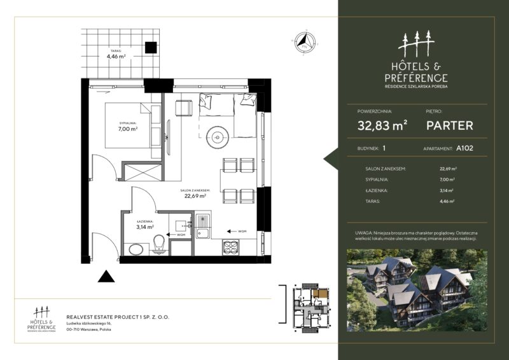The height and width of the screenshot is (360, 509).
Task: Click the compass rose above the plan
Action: tap(303, 43)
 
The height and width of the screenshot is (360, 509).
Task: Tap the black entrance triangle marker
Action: tap(106, 276)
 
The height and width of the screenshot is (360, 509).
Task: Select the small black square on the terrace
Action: tap(151, 48)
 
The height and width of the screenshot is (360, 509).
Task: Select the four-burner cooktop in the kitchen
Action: tap(229, 247)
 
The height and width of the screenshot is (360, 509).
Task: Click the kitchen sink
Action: tap(203, 228)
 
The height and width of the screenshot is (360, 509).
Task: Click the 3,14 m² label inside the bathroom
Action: tap(146, 225)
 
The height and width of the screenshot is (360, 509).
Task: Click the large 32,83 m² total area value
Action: tap(382, 125)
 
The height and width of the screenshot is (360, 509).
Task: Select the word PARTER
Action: tap(449, 125)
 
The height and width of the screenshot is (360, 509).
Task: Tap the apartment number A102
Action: tap(464, 149)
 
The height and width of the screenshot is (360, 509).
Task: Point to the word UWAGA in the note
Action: tap(365, 233)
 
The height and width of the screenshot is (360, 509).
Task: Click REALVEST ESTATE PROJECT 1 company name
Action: tap(118, 315)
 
